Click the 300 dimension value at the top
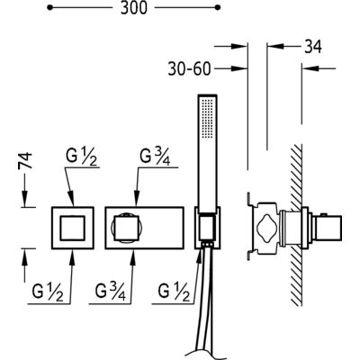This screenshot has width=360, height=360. [x=134, y=8]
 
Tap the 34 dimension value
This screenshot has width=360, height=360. [x=313, y=47]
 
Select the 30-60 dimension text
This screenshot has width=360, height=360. [x=189, y=69]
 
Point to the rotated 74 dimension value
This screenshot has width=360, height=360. [x=25, y=161]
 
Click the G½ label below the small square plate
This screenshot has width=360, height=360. [x=48, y=292]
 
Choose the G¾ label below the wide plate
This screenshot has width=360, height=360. [x=111, y=292]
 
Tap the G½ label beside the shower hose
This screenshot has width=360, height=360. [x=175, y=292]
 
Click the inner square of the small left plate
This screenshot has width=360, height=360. [x=73, y=228]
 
